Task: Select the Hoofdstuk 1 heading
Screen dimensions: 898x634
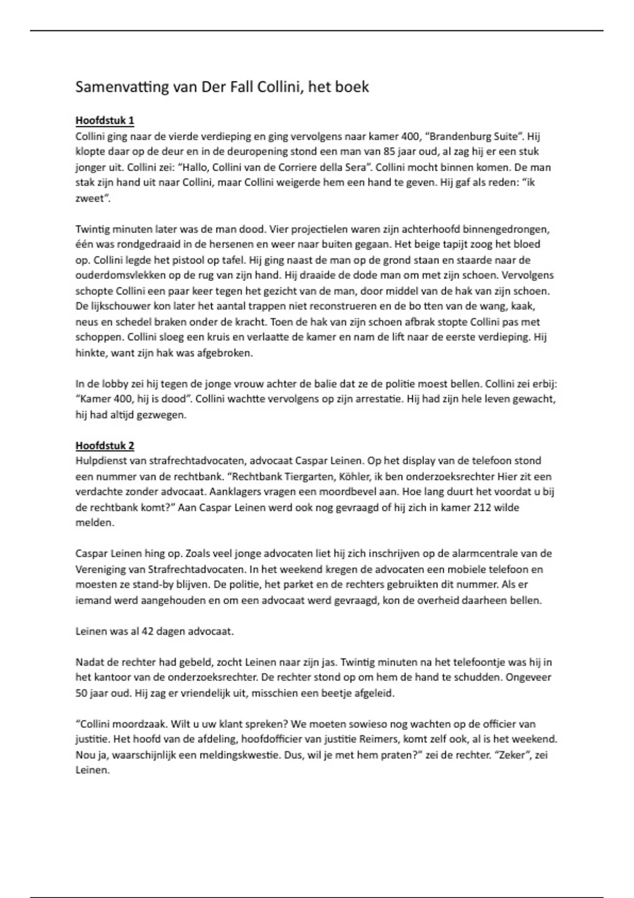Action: click(105, 120)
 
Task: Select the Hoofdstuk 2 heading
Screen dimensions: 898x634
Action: click(105, 445)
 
